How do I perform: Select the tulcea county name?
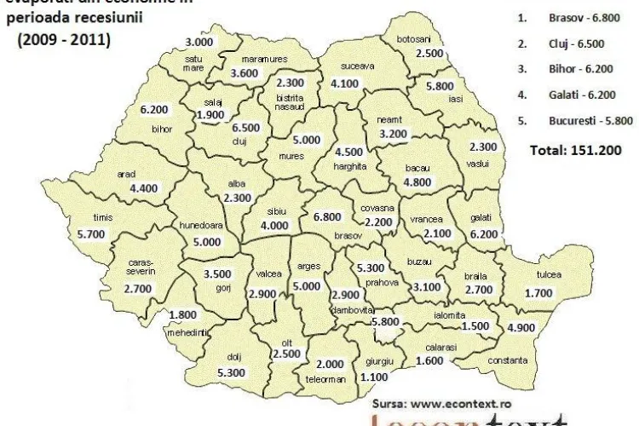(x=549, y=275)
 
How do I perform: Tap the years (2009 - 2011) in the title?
(x=64, y=39)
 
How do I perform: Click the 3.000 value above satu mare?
(x=199, y=42)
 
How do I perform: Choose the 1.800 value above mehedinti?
(x=184, y=315)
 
